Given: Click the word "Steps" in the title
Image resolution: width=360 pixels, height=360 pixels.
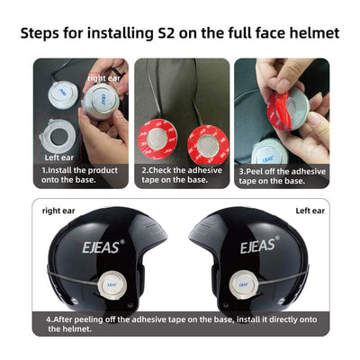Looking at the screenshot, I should (x=44, y=33).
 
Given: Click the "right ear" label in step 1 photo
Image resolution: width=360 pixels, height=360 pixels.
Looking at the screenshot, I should (x=103, y=78).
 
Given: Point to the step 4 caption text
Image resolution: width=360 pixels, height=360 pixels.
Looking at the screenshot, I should (x=171, y=322).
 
